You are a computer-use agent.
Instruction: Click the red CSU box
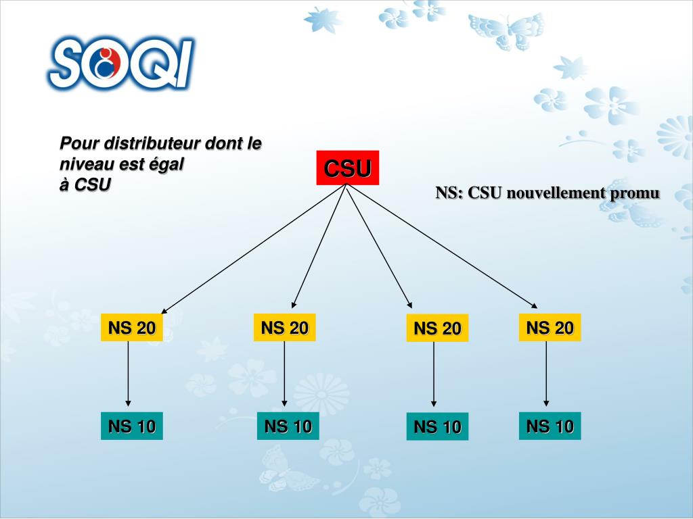click(x=347, y=168)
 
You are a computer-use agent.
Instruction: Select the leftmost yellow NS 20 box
click(x=132, y=328)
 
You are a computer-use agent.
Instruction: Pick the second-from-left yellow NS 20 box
click(x=285, y=328)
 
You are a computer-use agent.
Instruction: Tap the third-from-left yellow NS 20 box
click(x=437, y=328)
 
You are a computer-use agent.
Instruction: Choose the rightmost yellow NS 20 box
click(x=550, y=328)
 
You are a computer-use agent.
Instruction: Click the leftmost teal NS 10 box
click(x=132, y=426)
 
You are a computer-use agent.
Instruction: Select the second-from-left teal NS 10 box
click(x=288, y=426)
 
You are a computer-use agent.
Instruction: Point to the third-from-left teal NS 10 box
click(x=437, y=426)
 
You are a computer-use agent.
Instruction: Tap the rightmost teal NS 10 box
click(x=550, y=426)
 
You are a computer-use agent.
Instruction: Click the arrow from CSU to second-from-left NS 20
click(x=319, y=247)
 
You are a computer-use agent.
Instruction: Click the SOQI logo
click(x=120, y=64)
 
